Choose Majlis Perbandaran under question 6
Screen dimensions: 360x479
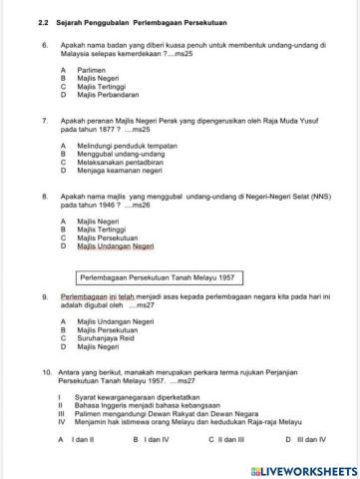point(100,95)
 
